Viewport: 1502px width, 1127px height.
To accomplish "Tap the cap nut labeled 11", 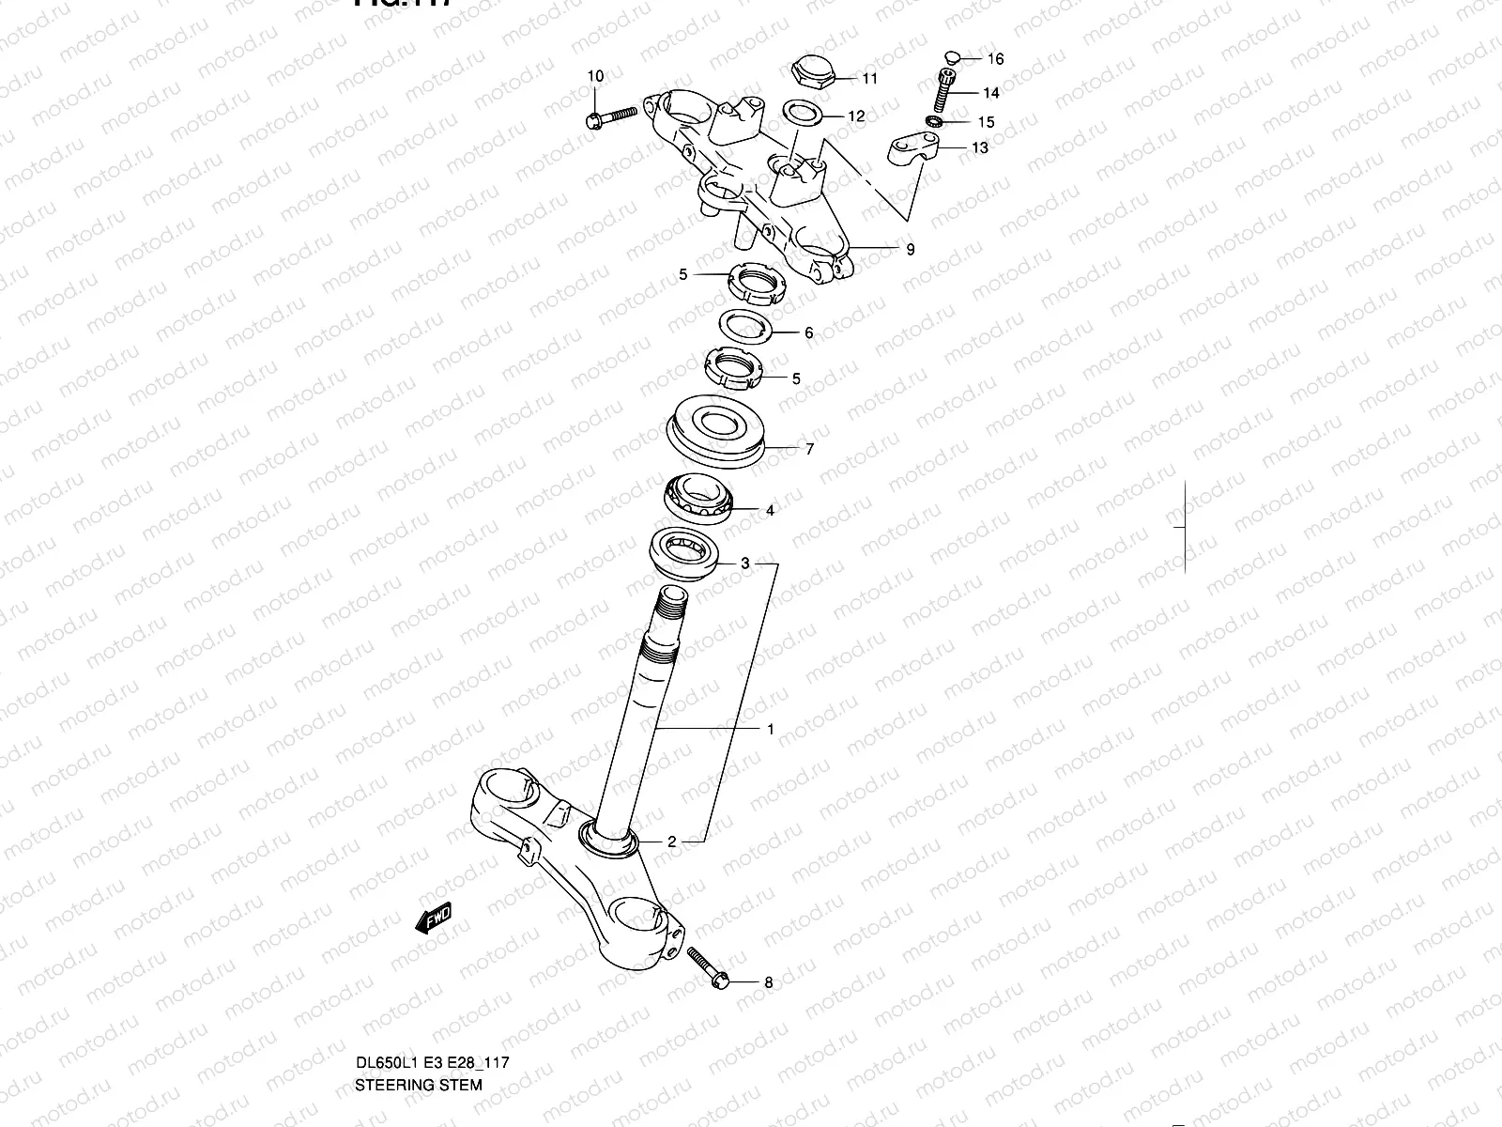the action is click(x=809, y=69).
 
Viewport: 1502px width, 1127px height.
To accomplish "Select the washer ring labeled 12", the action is click(x=801, y=115).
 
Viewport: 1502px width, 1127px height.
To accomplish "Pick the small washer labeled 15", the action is click(x=934, y=122).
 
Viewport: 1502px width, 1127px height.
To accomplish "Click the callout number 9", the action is click(x=910, y=250).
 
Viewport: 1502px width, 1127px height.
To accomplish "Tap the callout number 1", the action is click(x=771, y=729).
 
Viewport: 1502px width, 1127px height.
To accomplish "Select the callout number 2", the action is click(x=672, y=841).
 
